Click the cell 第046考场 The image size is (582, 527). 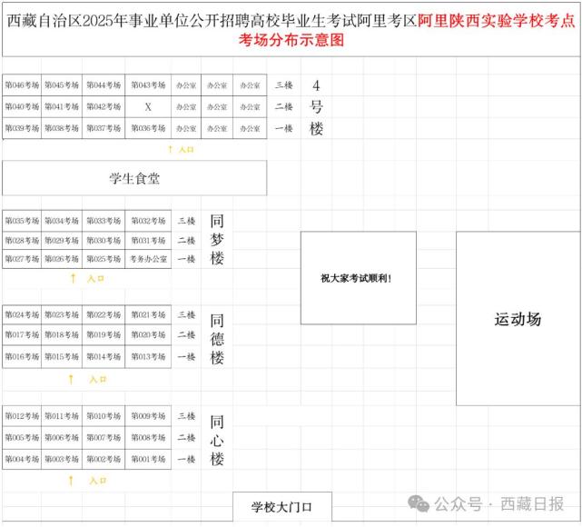pyautogui.click(x=22, y=85)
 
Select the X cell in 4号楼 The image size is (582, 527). pyautogui.click(x=148, y=107)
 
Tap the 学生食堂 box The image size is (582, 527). pyautogui.click(x=134, y=179)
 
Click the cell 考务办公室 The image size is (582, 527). pyautogui.click(x=148, y=260)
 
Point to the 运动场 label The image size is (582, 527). pyautogui.click(x=518, y=319)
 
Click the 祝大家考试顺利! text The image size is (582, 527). pyautogui.click(x=357, y=278)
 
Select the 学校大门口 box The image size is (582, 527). pyautogui.click(x=281, y=507)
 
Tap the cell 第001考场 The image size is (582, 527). pyautogui.click(x=148, y=460)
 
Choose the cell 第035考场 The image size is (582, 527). pyautogui.click(x=22, y=221)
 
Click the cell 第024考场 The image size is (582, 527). pyautogui.click(x=22, y=315)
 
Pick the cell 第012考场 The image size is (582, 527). pyautogui.click(x=22, y=416)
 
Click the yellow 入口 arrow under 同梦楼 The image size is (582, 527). pyautogui.click(x=73, y=279)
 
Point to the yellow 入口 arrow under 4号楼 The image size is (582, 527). pyautogui.click(x=170, y=149)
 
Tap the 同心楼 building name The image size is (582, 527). pyautogui.click(x=217, y=440)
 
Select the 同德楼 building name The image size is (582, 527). pyautogui.click(x=217, y=338)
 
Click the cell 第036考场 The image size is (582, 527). pyautogui.click(x=148, y=129)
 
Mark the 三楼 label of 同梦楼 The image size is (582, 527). pyautogui.click(x=186, y=221)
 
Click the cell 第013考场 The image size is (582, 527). pyautogui.click(x=148, y=357)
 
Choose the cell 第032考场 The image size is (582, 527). pyautogui.click(x=148, y=221)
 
